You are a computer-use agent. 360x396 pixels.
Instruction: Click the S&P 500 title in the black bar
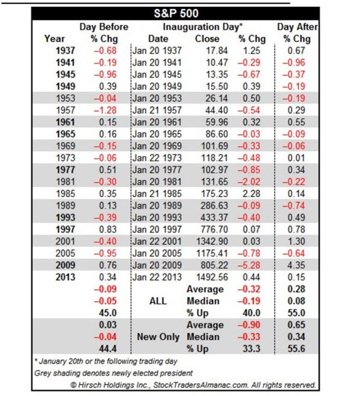[176, 13]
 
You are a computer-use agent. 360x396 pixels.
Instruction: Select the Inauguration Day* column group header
[202, 27]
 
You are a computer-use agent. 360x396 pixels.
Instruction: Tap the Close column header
[207, 39]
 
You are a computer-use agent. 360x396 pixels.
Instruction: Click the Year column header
[55, 39]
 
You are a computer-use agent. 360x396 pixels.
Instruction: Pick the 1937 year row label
[65, 51]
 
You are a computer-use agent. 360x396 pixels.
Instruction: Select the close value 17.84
[217, 51]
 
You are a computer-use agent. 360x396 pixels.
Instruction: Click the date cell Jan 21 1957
[157, 110]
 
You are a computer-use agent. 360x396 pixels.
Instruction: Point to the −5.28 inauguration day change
[249, 265]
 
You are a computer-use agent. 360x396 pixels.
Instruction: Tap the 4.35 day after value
[296, 265]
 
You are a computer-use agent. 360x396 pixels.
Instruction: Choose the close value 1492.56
[212, 277]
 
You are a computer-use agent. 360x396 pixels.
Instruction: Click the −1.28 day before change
[105, 110]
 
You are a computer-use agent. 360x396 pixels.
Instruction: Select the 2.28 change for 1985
[251, 193]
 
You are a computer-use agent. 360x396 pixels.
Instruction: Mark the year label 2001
[65, 241]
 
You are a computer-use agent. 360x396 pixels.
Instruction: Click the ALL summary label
[158, 301]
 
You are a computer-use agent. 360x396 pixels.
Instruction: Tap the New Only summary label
[158, 337]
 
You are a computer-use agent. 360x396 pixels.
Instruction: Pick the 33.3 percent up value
[251, 349]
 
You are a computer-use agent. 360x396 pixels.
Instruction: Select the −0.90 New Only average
[249, 325]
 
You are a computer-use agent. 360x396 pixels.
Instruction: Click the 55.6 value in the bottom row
[296, 349]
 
